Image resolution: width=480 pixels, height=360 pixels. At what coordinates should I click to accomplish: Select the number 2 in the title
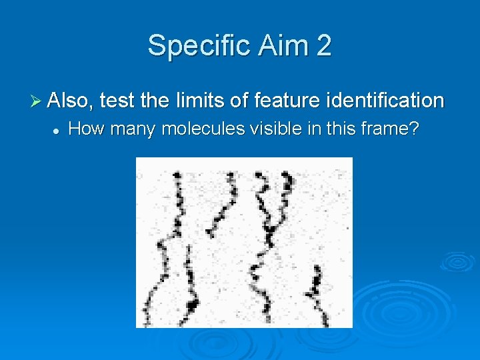pyautogui.click(x=323, y=46)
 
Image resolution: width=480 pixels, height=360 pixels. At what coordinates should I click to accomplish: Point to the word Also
pyautogui.click(x=72, y=101)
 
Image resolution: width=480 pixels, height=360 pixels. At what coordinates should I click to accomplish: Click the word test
pyautogui.click(x=117, y=101)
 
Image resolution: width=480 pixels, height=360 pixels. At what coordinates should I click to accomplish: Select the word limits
pyautogui.click(x=199, y=101)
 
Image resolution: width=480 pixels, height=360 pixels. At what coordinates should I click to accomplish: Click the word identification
pyautogui.click(x=385, y=101)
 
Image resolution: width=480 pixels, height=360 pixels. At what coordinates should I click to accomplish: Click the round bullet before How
pyautogui.click(x=57, y=129)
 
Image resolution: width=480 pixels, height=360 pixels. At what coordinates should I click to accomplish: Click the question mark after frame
pyautogui.click(x=414, y=129)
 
